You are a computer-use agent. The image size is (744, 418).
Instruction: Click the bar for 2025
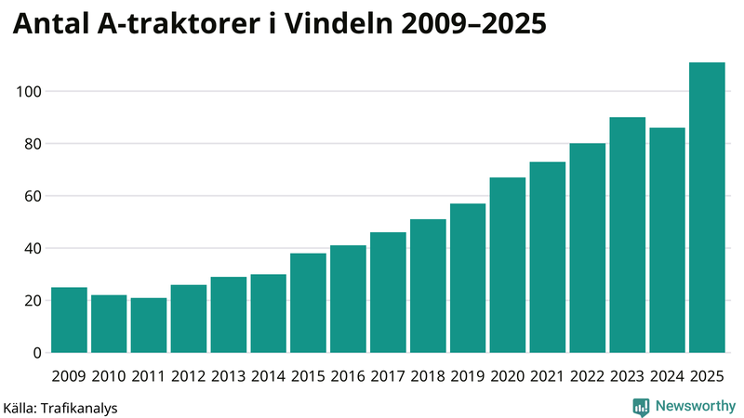pyautogui.click(x=707, y=208)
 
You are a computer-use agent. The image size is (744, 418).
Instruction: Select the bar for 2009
pyautogui.click(x=69, y=320)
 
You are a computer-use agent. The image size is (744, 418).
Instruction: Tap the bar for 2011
pyautogui.click(x=149, y=325)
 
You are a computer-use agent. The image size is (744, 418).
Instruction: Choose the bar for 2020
pyautogui.click(x=508, y=265)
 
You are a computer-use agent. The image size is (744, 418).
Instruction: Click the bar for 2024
pyautogui.click(x=667, y=241)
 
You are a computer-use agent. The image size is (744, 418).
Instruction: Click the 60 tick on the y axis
pyautogui.click(x=32, y=196)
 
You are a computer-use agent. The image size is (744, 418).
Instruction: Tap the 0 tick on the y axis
pyautogui.click(x=37, y=353)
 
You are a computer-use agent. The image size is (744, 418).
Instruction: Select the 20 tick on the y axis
pyautogui.click(x=32, y=301)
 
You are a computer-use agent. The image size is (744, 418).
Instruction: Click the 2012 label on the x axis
pyautogui.click(x=189, y=376)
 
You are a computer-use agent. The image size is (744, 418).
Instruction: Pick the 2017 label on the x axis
pyautogui.click(x=388, y=376)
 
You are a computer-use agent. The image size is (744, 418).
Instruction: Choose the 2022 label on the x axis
pyautogui.click(x=587, y=376)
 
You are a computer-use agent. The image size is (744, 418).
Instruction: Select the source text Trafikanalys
pyautogui.click(x=81, y=407)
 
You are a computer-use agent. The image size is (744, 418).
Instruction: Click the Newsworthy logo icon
pyautogui.click(x=641, y=406)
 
